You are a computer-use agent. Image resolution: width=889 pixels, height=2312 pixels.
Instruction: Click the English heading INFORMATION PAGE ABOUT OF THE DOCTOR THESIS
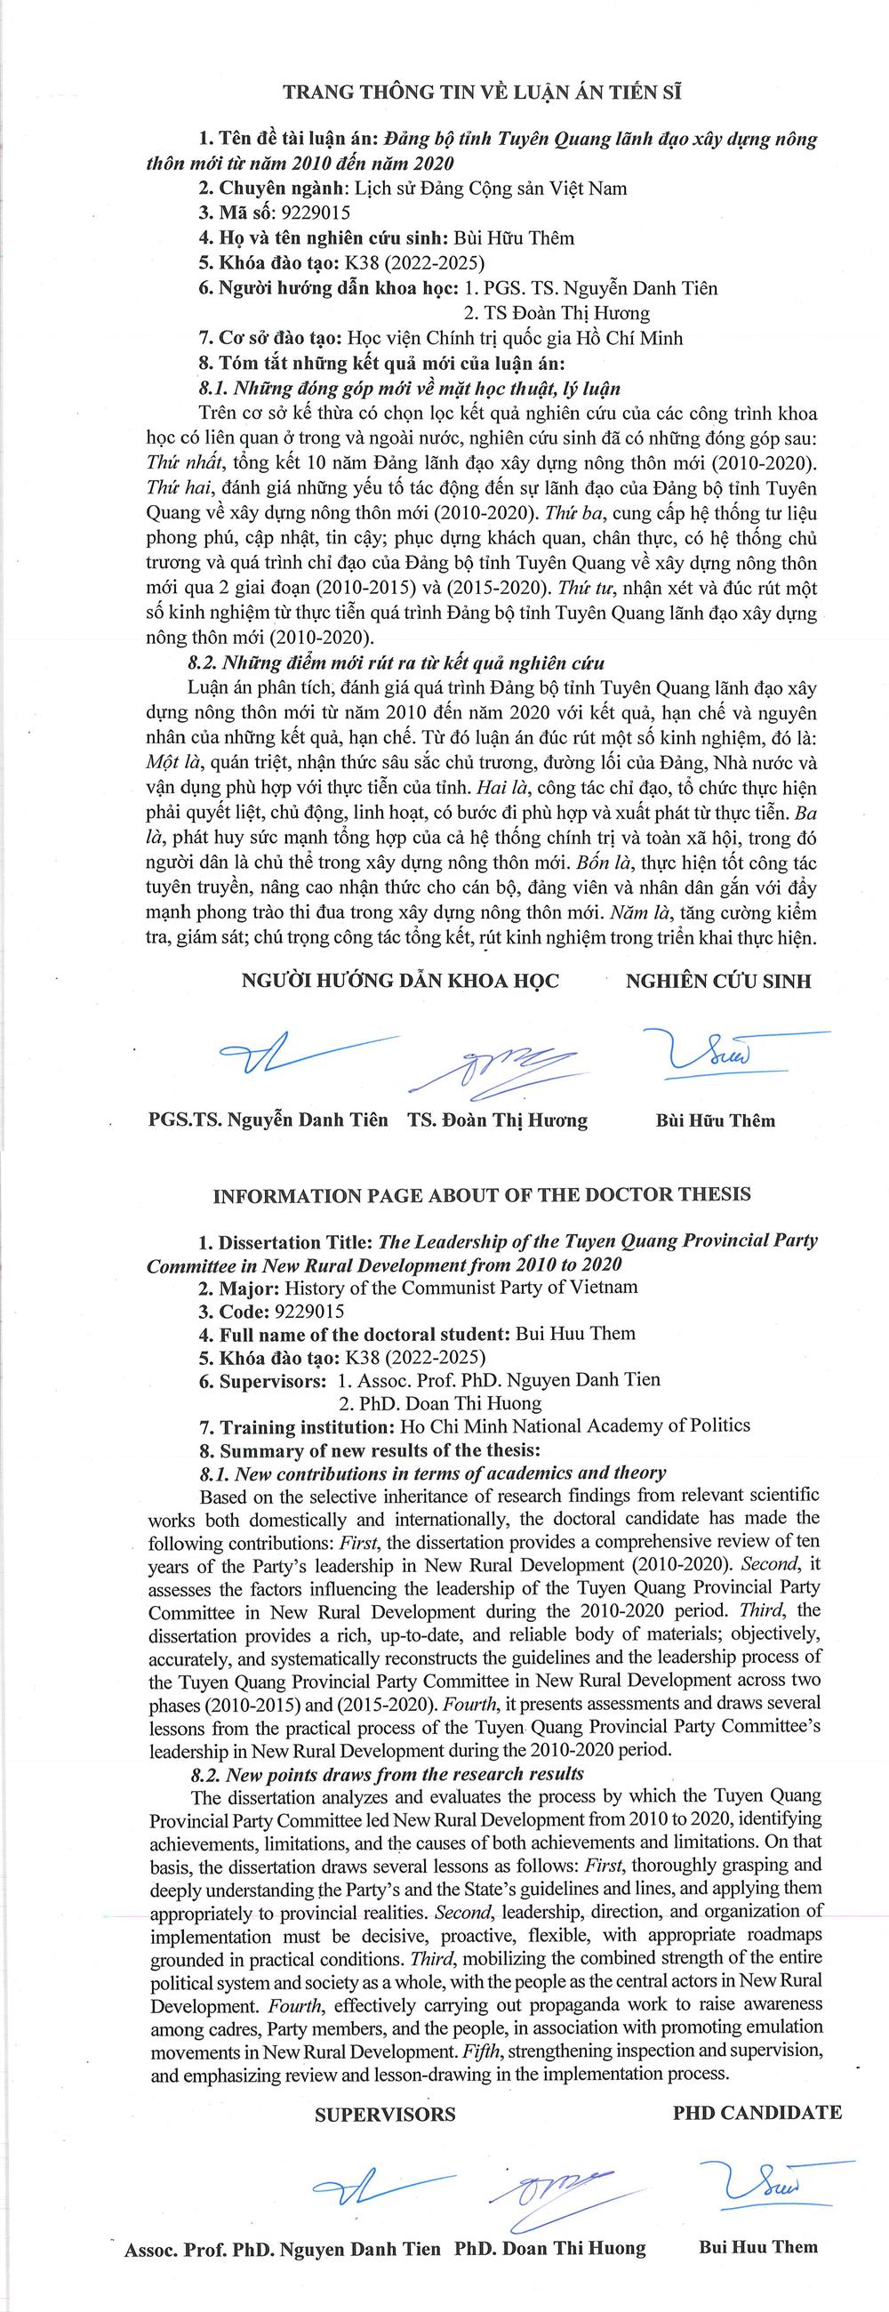coord(482,1194)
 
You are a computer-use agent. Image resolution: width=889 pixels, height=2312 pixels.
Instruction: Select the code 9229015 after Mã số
coord(315,213)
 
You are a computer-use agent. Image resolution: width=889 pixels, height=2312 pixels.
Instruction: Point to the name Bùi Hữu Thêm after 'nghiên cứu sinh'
coord(513,237)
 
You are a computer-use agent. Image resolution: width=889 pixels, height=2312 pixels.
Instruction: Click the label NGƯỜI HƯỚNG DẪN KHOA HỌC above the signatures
coord(400,980)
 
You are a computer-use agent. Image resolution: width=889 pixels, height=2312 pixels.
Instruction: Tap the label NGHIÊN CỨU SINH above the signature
coord(717,980)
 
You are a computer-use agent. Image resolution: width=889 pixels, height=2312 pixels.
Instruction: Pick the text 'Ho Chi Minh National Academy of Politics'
coord(573,1425)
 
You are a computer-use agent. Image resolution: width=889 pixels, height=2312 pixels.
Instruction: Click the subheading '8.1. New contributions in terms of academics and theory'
coord(432,1473)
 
